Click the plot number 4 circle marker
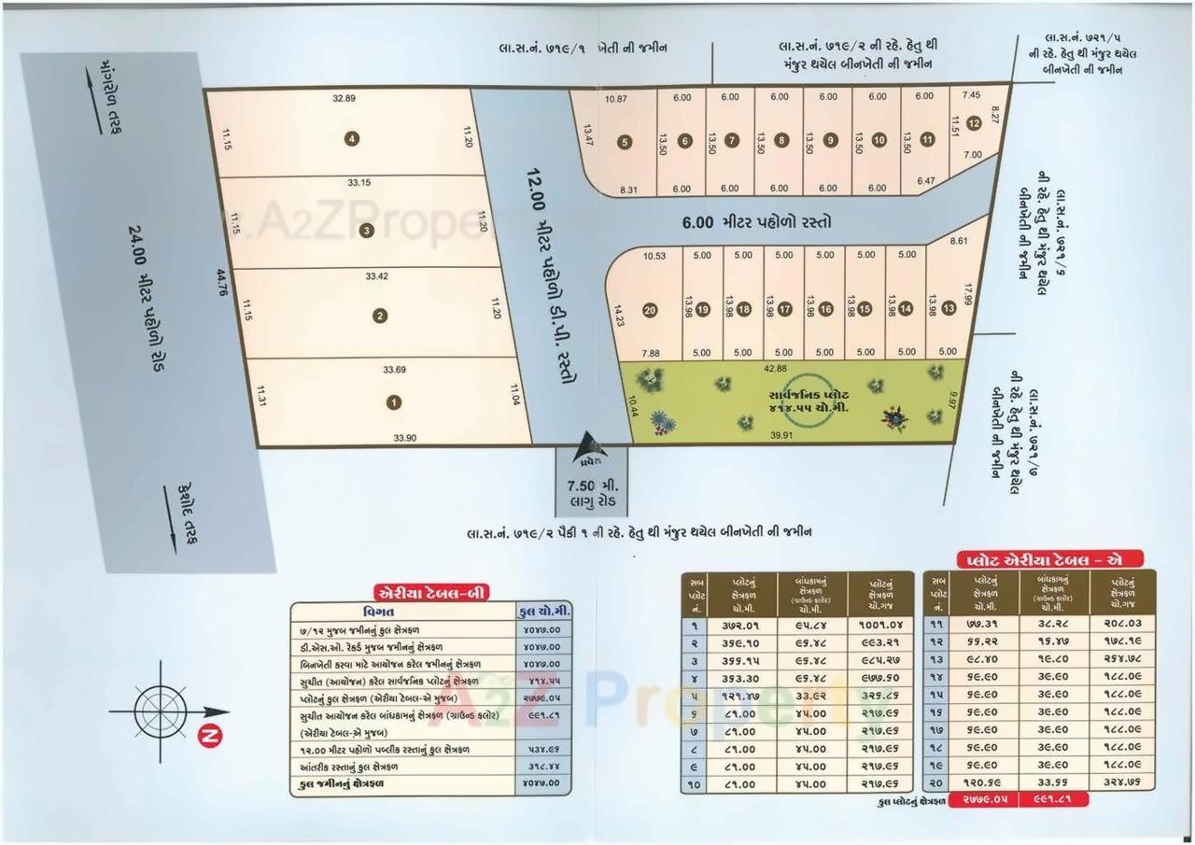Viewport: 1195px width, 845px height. pos(351,139)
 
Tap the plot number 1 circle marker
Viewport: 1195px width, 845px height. pos(394,402)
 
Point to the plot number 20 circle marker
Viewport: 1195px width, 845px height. pos(650,311)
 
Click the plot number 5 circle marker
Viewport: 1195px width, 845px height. pos(626,143)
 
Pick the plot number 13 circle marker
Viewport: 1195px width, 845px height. pos(949,308)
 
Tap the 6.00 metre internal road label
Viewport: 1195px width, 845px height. pos(756,222)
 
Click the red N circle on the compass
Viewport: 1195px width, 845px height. pos(211,737)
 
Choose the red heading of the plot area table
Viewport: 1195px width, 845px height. pos(1037,559)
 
